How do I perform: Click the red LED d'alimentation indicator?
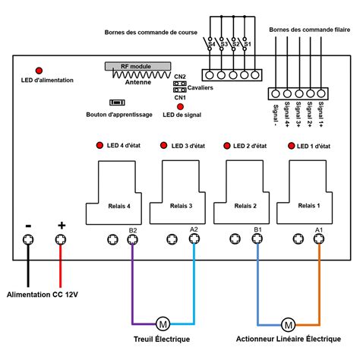(x=39, y=71)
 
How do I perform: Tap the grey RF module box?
(x=138, y=66)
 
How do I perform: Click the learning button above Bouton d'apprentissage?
(x=117, y=103)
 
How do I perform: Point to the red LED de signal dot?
(x=180, y=106)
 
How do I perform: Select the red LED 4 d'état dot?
(x=99, y=145)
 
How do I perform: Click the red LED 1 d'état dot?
(x=292, y=146)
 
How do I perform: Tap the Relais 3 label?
(x=181, y=206)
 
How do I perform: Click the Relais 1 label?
(x=309, y=206)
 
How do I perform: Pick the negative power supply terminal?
(x=28, y=239)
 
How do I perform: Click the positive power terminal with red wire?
(x=61, y=239)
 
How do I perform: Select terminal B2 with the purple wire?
(x=132, y=239)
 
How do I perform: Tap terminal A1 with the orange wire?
(x=319, y=238)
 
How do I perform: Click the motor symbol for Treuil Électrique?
(x=163, y=324)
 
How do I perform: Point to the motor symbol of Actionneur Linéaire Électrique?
(x=288, y=324)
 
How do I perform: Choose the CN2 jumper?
(x=180, y=84)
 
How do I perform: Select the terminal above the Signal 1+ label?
(x=321, y=93)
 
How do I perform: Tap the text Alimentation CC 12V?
(x=43, y=295)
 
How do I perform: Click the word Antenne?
(x=138, y=82)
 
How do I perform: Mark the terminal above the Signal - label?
(x=276, y=93)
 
